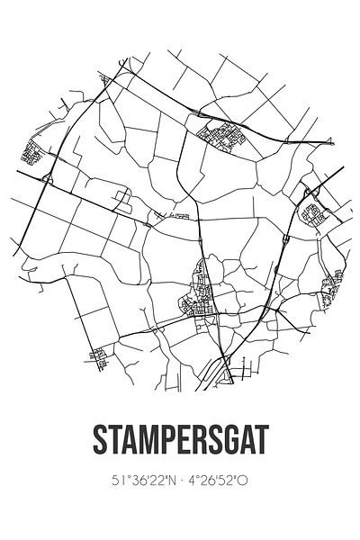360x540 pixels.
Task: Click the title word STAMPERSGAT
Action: click(x=180, y=442)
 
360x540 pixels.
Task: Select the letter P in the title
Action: click(x=165, y=442)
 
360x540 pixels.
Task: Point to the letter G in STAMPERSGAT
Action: click(x=228, y=442)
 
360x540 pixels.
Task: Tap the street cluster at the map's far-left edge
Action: click(x=33, y=154)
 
